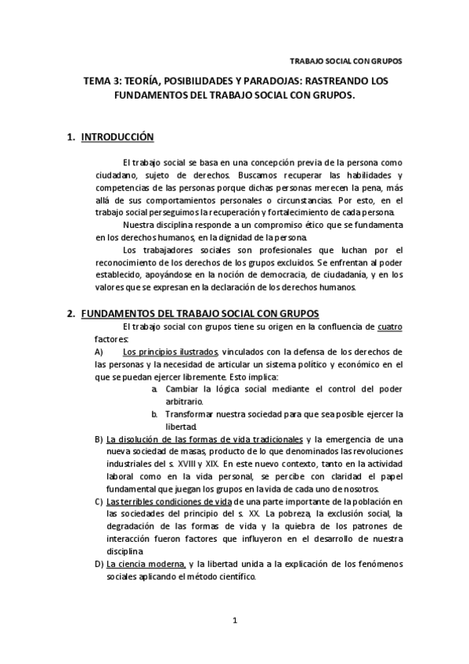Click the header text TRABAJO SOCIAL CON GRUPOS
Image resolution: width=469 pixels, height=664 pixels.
point(346,60)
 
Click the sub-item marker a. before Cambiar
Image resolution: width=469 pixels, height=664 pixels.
point(157,388)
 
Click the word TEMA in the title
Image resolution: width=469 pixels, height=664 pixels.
point(99,81)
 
